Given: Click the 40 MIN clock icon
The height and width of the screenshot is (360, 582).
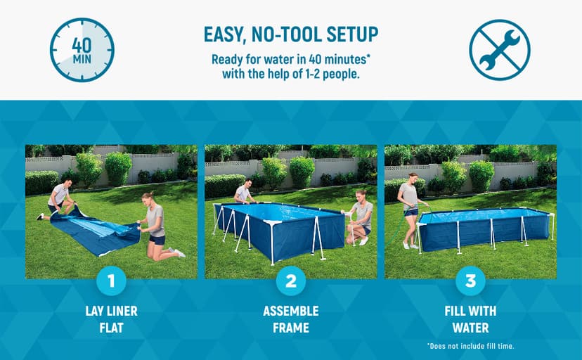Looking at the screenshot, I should coord(82,49).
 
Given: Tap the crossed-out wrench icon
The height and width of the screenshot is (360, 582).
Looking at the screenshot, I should coord(499,50).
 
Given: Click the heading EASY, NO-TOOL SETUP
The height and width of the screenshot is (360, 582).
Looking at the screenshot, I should coord(291,34).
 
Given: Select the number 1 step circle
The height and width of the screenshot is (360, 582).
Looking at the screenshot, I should coord(111,282).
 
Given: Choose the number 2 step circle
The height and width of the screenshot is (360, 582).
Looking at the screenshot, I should coord(291,282).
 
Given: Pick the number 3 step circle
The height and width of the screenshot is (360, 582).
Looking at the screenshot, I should coord(470,282).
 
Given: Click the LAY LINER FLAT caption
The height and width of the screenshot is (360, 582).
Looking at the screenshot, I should coord(111,319).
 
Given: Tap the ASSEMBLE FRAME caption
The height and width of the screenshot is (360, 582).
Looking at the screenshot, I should coord(291,319).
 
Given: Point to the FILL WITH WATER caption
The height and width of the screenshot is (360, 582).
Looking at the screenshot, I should coord(470,319).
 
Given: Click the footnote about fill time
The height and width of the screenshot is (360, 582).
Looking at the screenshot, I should coord(470,346).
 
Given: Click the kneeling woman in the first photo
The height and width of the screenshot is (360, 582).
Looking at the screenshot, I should coord(155,223).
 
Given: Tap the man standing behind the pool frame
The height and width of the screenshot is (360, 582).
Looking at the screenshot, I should coord(243,193).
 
